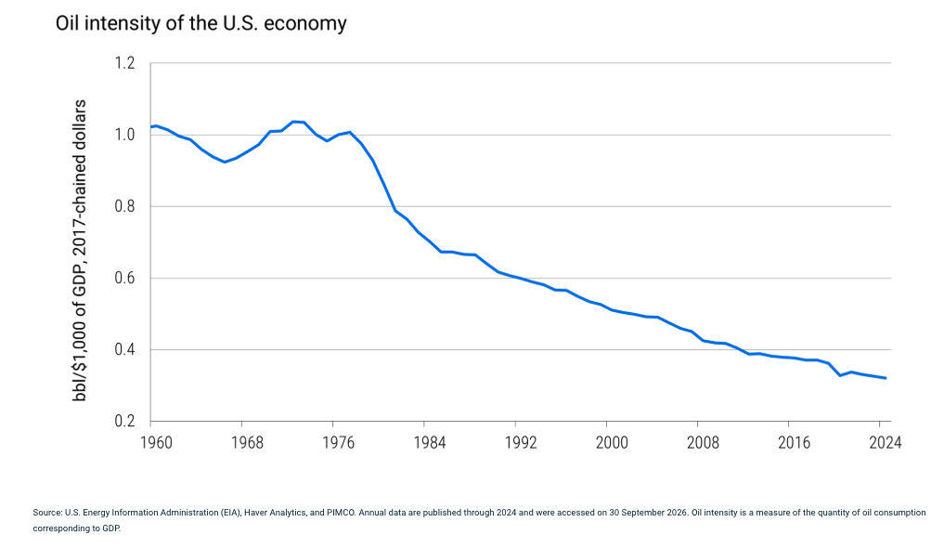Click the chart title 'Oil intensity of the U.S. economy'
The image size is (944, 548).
point(201,23)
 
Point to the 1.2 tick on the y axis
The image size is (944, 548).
point(124,62)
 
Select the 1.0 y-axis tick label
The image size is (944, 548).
point(124,135)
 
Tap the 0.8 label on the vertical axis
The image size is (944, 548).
point(124,206)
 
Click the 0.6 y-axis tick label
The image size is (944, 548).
point(124,278)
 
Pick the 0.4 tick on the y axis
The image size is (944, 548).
point(124,349)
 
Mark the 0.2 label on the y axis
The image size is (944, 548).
point(124,421)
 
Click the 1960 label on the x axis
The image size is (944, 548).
point(156,443)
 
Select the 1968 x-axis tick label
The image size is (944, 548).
point(248,443)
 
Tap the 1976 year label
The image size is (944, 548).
point(339,443)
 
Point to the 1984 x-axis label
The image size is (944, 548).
point(429,443)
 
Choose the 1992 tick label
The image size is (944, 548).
point(521,443)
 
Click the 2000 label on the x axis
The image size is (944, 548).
point(612,443)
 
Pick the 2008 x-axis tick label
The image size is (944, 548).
point(704,443)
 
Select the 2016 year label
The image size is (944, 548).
point(794,443)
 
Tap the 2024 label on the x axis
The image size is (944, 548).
point(886,443)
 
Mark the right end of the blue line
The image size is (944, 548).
point(886,378)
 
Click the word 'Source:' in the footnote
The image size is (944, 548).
point(47,513)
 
